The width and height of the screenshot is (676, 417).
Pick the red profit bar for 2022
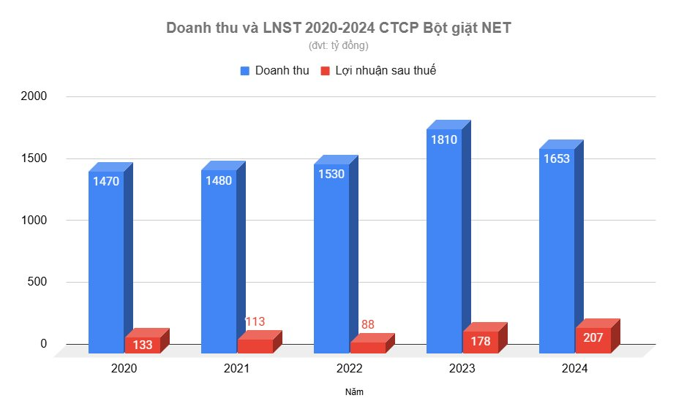(367, 348)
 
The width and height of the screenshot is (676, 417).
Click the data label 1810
(444, 139)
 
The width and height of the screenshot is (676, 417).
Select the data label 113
(255, 321)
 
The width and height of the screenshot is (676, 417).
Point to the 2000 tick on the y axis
(34, 96)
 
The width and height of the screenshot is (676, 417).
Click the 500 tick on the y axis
(37, 283)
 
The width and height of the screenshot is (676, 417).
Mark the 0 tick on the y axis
(44, 344)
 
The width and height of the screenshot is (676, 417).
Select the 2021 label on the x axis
(237, 369)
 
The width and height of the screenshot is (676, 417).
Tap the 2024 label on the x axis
(574, 369)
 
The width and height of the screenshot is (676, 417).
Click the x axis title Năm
(354, 392)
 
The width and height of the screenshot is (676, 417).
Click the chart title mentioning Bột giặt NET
(339, 28)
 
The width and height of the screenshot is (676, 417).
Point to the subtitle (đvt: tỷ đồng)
(339, 45)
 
